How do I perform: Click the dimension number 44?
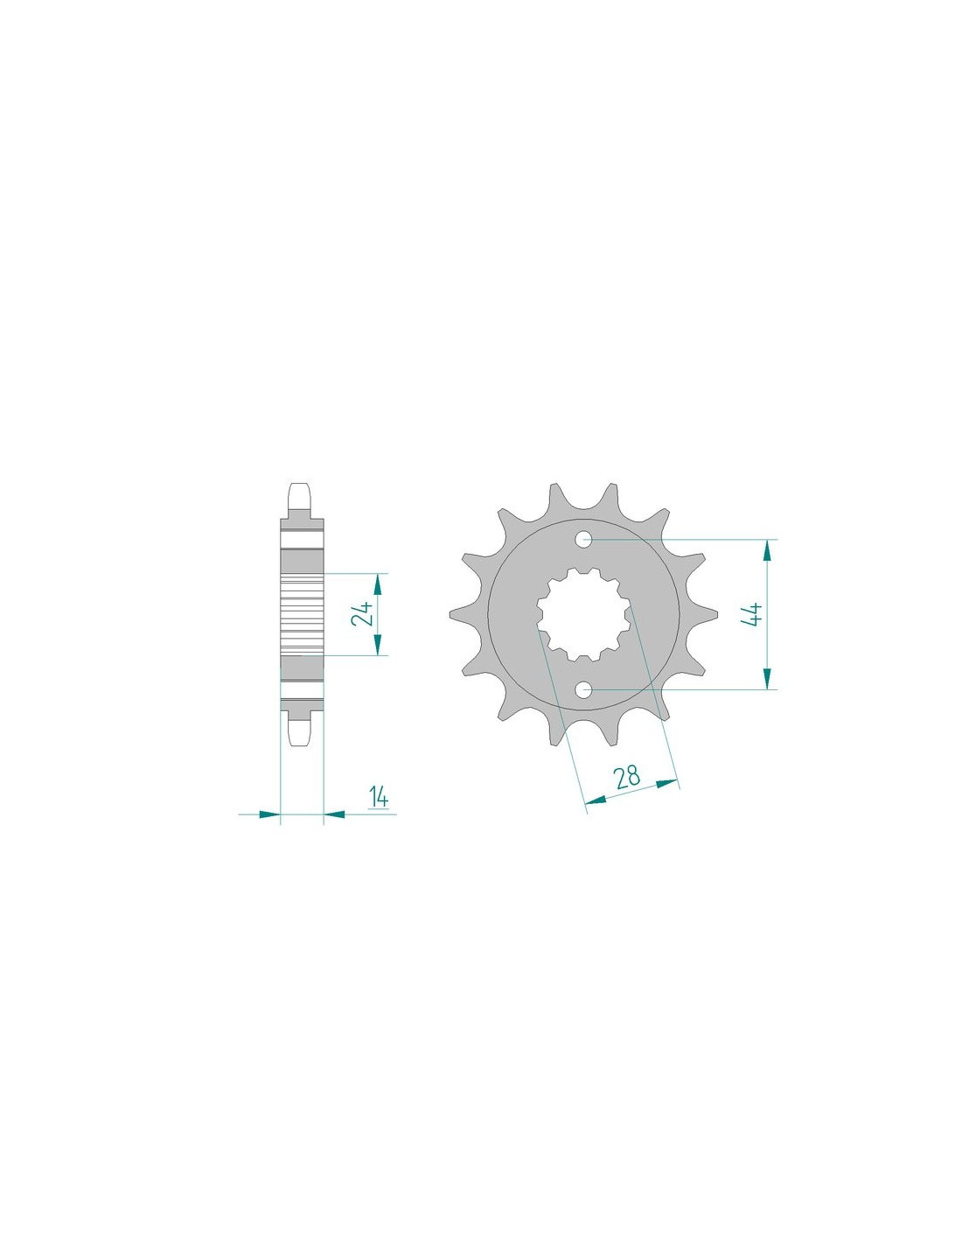[x=752, y=614]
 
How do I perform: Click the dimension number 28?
[x=627, y=777]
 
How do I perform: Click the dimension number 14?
[x=379, y=798]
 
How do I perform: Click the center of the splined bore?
[x=583, y=614]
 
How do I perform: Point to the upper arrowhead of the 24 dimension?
[x=377, y=584]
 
